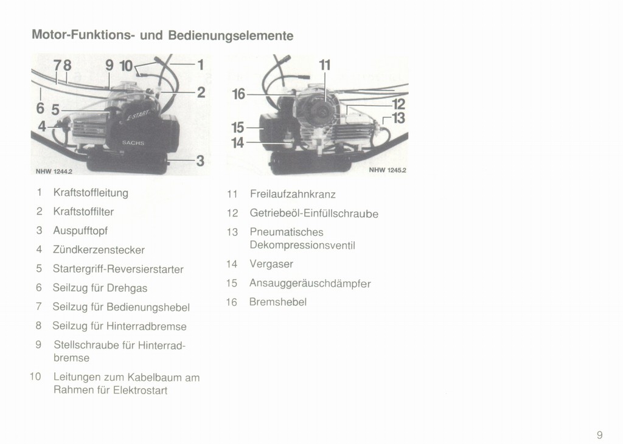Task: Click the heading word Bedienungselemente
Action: coord(231,35)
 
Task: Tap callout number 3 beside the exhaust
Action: coord(200,161)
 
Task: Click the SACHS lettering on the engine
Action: coord(133,142)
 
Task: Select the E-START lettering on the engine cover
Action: coord(139,115)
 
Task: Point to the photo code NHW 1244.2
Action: coord(54,172)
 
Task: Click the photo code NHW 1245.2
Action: coord(388,170)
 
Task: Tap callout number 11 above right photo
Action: coord(325,64)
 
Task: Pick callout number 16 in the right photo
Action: coord(238,94)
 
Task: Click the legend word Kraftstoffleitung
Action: coord(91,193)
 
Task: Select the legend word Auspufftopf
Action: coord(80,231)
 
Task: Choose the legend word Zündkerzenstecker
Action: coord(99,250)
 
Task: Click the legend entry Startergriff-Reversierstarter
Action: coord(118,269)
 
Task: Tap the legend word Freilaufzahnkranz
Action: coord(293,194)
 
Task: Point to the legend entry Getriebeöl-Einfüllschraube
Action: coord(314,213)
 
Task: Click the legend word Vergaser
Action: coord(271,264)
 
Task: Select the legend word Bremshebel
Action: coord(277,302)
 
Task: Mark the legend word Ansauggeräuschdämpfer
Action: coord(310,283)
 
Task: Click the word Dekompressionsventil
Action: coord(302,246)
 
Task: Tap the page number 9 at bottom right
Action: coord(599,435)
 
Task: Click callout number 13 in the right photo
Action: coord(398,118)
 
